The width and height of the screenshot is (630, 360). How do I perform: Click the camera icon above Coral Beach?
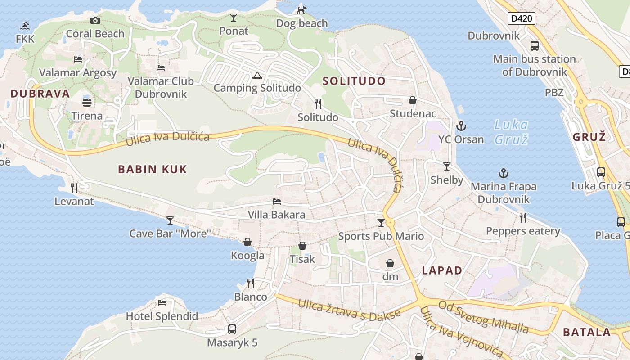[95, 20]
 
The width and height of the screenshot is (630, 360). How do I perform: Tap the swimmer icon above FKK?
[25, 25]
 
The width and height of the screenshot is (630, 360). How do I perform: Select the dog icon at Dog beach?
[301, 9]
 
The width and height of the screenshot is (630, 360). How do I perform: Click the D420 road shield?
[522, 18]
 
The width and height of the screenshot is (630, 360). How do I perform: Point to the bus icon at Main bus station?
[535, 45]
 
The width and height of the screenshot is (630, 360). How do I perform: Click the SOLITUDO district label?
[354, 81]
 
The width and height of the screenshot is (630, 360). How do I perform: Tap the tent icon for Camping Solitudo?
[257, 75]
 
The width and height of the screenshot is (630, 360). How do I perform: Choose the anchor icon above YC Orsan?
[461, 126]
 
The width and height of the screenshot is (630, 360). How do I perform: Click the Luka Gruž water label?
[511, 132]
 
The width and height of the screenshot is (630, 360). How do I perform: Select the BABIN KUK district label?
[152, 170]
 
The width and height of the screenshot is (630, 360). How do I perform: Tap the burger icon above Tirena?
[87, 102]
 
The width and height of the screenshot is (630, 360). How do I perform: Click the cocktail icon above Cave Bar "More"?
[170, 220]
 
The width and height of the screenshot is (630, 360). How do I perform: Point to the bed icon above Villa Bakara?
[277, 201]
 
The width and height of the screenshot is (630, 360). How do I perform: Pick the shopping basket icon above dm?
[390, 263]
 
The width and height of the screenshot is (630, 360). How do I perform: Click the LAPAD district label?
[442, 270]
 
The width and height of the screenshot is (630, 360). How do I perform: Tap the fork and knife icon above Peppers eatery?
[523, 218]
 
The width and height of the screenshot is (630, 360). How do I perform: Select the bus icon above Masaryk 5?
[232, 329]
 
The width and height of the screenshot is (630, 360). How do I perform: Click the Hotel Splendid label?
[162, 316]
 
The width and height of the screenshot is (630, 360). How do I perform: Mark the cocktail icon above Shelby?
[446, 166]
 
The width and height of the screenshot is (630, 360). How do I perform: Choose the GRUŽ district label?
[589, 137]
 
